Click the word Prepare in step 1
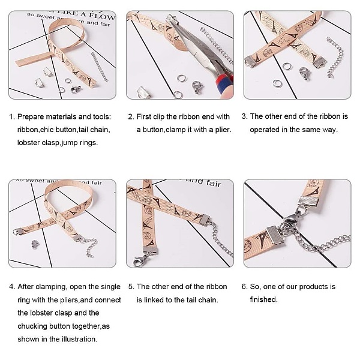[x=31, y=117]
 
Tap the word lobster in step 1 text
[x=28, y=143]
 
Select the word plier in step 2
[x=223, y=130]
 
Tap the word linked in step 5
[x=154, y=300]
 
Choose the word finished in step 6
[x=263, y=299]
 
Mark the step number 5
[x=131, y=287]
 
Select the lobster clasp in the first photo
[x=76, y=89]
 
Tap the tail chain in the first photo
[x=100, y=67]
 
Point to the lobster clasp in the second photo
[x=197, y=87]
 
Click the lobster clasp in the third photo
[x=305, y=73]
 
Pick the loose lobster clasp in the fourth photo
[x=34, y=244]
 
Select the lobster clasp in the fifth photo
[x=140, y=260]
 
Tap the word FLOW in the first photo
[x=102, y=16]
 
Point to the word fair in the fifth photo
[x=214, y=183]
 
